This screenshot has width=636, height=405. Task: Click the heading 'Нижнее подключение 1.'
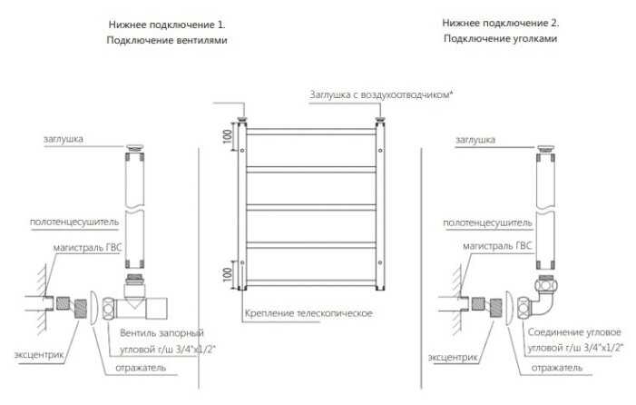(x=167, y=25)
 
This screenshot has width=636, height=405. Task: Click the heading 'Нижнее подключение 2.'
(x=501, y=23)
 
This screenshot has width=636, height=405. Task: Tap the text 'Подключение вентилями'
(x=167, y=40)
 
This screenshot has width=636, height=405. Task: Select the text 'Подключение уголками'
(x=501, y=38)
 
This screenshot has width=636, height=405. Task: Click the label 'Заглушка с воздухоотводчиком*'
(x=381, y=95)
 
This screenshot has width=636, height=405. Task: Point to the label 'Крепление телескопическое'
(x=308, y=313)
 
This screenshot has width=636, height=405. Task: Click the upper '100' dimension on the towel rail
(x=228, y=136)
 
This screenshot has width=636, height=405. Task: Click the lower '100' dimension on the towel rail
(x=228, y=275)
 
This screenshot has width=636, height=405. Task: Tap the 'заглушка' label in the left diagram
(x=64, y=139)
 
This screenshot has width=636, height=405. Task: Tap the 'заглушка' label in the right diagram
(x=475, y=140)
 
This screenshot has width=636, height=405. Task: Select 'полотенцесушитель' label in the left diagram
(x=74, y=222)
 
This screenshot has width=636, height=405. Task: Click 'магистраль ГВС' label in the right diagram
(x=497, y=246)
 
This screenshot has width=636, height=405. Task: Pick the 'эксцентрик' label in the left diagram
(x=39, y=355)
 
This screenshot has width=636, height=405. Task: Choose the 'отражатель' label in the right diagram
(x=556, y=368)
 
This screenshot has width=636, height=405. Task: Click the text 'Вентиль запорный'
(x=161, y=333)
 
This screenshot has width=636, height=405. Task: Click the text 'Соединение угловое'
(x=574, y=332)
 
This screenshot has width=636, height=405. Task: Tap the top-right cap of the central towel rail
(x=380, y=120)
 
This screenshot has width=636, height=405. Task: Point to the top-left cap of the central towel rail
(x=243, y=120)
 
